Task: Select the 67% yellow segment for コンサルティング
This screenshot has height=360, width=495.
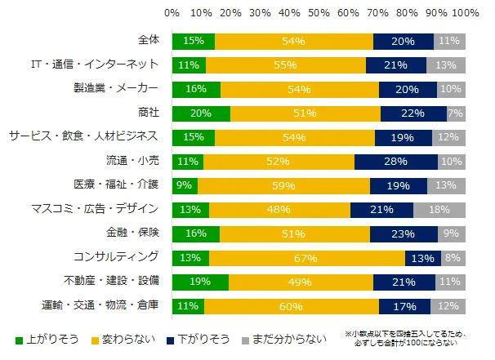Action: click(x=307, y=258)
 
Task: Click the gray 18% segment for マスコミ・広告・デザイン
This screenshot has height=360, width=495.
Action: click(x=439, y=210)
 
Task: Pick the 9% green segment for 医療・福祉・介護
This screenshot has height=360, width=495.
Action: click(x=185, y=185)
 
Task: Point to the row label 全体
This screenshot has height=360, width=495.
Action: click(x=149, y=40)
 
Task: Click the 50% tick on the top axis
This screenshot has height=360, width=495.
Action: click(x=319, y=13)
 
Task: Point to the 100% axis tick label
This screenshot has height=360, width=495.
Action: click(x=466, y=13)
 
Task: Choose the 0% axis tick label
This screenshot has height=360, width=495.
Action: click(x=172, y=13)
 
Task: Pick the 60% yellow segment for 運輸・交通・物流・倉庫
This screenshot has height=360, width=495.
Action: click(x=292, y=306)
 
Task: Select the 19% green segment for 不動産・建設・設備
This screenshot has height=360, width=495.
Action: click(x=200, y=282)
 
